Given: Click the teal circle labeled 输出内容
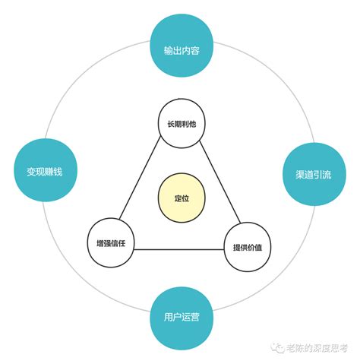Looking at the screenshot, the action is click(182, 46).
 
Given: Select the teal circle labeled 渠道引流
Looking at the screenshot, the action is click(314, 174).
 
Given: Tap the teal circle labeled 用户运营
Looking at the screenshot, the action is click(182, 318).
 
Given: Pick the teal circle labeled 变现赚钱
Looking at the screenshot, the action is click(45, 170).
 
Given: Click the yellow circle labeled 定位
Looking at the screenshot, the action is click(182, 198).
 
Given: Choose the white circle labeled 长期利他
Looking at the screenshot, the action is click(182, 124).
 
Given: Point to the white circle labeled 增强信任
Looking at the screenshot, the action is click(111, 243).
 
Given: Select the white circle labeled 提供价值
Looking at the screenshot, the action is click(248, 247).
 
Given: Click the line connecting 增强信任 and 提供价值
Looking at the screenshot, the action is click(179, 249).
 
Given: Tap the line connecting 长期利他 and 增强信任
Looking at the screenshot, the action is click(140, 178).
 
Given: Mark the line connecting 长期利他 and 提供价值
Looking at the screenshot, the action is click(219, 182).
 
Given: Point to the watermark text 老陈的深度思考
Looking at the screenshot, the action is click(317, 348).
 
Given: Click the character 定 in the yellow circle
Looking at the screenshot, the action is click(178, 198).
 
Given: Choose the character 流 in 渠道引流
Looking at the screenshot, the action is click(327, 175).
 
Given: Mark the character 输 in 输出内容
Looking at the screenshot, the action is click(169, 50).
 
